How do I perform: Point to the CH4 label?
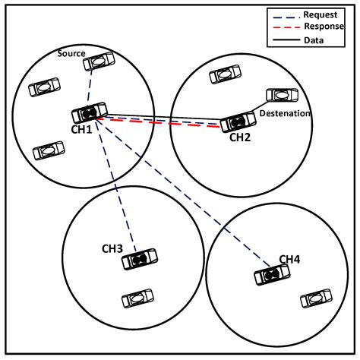point(290,261)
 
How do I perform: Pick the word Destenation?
point(285,113)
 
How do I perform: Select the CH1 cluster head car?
point(90,113)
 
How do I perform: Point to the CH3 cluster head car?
point(140,261)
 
